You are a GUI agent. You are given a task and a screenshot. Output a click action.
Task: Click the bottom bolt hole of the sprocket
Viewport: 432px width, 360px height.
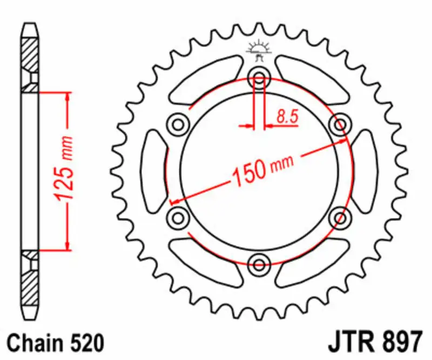point(259,264)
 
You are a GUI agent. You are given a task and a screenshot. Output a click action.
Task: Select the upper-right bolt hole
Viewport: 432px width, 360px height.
point(340,125)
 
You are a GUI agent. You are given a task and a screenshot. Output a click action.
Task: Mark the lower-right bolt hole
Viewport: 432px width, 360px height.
point(340,218)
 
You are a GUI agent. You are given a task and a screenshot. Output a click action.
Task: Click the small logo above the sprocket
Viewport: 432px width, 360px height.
point(259,51)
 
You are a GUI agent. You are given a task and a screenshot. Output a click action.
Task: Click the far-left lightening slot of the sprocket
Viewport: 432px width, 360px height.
point(153,172)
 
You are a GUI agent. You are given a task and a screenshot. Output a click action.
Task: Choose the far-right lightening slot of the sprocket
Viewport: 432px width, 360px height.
point(365,172)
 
